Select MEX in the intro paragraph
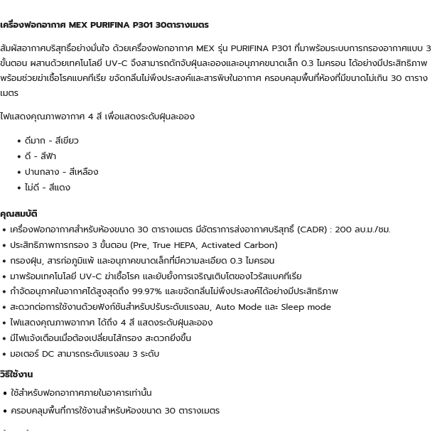(x=205, y=48)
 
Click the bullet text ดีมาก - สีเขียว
(x=51, y=141)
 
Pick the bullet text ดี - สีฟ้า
(x=40, y=156)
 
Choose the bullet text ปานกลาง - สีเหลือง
(x=61, y=172)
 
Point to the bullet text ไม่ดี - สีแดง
(x=47, y=188)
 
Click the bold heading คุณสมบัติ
(x=18, y=213)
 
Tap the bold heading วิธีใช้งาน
(x=16, y=374)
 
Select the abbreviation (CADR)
(x=312, y=230)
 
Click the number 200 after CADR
(x=344, y=230)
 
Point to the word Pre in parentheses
(x=139, y=245)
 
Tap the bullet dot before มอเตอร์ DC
(x=4, y=354)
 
